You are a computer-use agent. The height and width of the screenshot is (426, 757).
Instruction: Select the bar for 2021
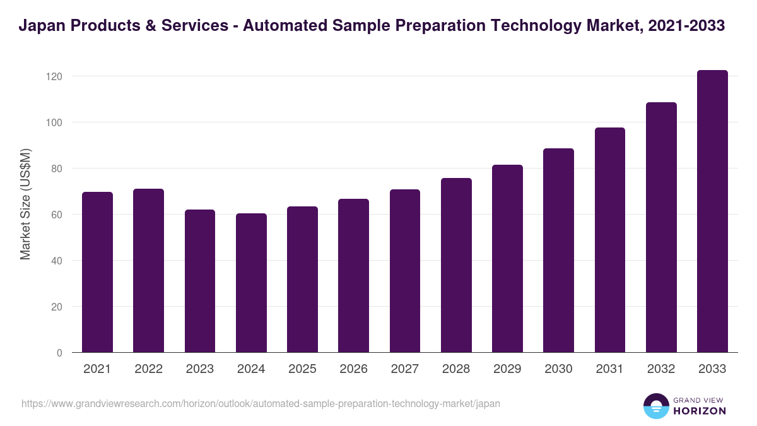point(97,272)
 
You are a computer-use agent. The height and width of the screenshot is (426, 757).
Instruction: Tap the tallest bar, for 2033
point(712,211)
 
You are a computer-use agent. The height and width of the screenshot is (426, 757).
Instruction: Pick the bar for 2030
point(558,251)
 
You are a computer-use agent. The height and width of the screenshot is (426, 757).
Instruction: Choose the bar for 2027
point(405,271)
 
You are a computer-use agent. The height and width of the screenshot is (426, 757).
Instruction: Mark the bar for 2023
point(200,281)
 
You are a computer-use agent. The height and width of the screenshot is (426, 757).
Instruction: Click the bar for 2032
point(661,227)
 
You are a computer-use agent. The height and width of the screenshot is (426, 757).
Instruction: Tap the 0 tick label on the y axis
point(59,353)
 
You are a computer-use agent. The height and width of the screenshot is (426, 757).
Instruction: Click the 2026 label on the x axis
point(353,369)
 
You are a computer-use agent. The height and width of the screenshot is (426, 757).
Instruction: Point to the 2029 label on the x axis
point(507,369)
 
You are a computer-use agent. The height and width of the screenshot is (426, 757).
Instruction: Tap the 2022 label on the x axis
point(148,369)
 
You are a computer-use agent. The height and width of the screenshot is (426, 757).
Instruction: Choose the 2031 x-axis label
point(609,369)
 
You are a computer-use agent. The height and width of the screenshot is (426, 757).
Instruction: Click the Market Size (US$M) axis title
point(25,204)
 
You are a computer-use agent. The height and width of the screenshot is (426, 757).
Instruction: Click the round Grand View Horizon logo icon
point(655,406)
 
